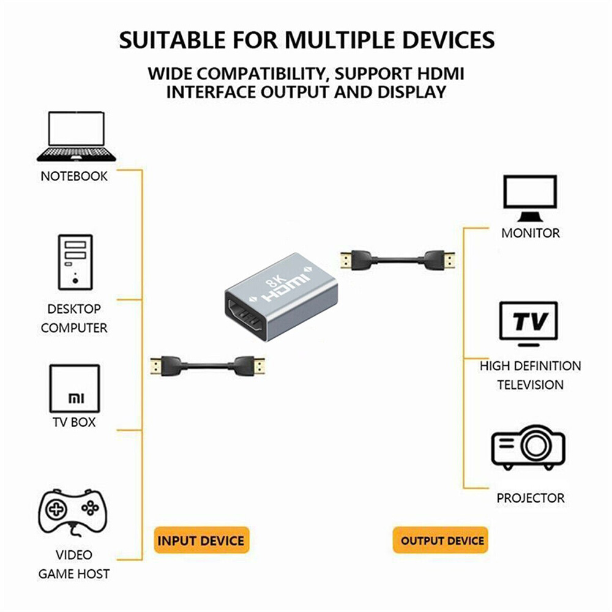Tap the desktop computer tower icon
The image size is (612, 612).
75,262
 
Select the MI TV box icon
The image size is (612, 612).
74,389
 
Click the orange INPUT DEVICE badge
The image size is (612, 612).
201,541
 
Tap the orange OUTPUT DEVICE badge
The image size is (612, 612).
442,541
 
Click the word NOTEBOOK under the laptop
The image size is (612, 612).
74,177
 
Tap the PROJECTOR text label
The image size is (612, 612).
531,498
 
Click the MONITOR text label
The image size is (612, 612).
530,233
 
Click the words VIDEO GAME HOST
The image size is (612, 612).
74,564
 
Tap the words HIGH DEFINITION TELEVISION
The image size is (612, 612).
530,375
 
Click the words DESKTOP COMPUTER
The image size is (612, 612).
74,318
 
